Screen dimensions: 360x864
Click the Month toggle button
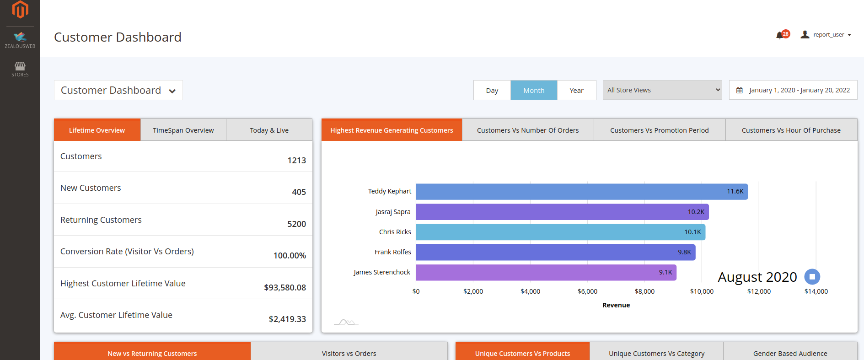point(534,90)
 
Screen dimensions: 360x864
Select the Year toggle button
point(576,90)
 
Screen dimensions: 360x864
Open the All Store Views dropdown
point(662,90)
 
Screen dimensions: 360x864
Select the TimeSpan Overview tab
point(183,130)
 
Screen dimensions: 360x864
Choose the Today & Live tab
point(269,130)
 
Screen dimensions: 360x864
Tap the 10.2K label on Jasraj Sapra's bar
point(696,212)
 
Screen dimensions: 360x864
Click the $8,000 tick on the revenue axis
point(644,291)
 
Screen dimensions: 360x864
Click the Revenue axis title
point(616,305)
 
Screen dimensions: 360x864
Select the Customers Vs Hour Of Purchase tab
point(791,130)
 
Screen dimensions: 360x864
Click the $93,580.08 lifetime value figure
point(284,288)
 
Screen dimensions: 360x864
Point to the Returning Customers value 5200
point(296,224)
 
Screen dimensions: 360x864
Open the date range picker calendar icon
point(739,90)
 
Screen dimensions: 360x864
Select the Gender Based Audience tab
point(790,353)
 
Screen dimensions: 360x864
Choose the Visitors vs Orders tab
point(349,353)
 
